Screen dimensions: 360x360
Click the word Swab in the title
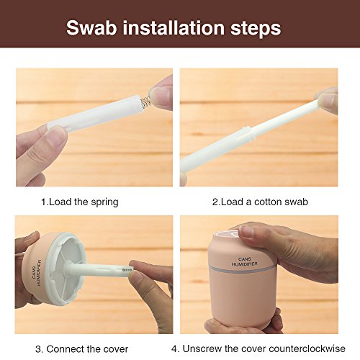(x=91, y=28)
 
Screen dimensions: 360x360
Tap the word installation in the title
(x=174, y=28)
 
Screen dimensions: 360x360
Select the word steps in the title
(x=256, y=29)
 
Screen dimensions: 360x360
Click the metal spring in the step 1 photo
(x=145, y=102)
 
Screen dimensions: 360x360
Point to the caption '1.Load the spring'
(x=80, y=202)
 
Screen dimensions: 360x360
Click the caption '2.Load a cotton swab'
(x=260, y=202)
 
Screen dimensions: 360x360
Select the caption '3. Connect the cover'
(x=82, y=348)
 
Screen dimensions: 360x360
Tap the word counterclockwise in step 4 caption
(x=293, y=348)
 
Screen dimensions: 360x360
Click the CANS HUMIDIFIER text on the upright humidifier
(x=245, y=261)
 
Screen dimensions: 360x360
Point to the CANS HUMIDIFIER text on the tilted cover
(x=37, y=273)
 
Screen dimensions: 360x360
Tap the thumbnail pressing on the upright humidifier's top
(x=247, y=231)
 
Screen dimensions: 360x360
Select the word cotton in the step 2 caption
(x=266, y=202)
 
